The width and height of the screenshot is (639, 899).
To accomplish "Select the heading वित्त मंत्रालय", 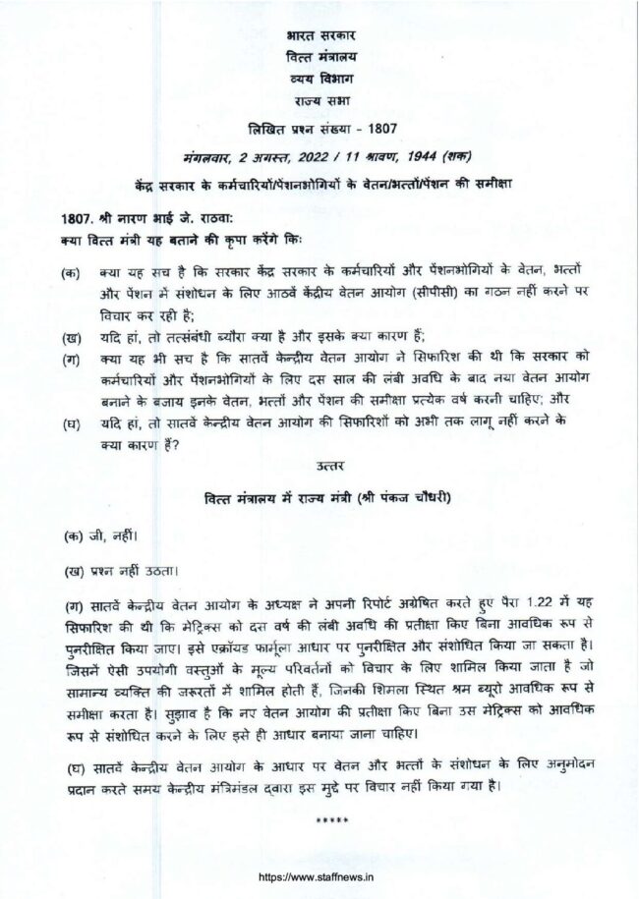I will coord(319,56).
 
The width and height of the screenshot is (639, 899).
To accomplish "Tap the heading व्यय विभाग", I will coord(319,79).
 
